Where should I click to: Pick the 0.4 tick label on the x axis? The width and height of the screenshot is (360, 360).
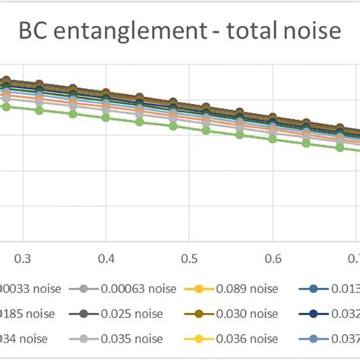tap(106, 258)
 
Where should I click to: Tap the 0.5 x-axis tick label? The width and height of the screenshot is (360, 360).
tap(191, 258)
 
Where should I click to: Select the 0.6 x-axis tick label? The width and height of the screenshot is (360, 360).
tap(274, 258)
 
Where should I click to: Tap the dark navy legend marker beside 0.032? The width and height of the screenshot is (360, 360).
tap(315, 312)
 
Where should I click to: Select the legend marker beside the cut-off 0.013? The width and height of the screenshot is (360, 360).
tap(315, 289)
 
